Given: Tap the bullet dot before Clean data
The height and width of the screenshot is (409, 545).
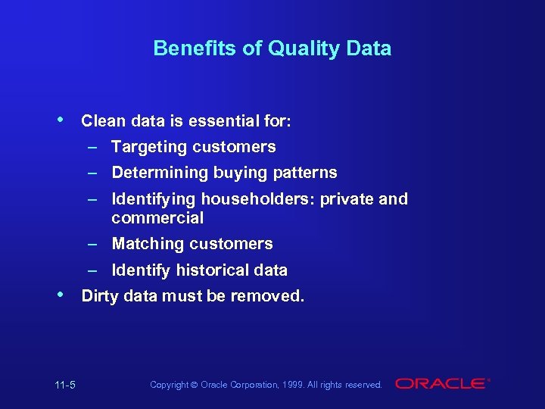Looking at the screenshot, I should tap(61, 120).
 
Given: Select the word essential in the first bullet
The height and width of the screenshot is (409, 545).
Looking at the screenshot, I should tap(209, 120).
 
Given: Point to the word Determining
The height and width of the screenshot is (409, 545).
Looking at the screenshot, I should tap(160, 173).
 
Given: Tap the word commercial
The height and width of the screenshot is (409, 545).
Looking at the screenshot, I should tap(157, 218).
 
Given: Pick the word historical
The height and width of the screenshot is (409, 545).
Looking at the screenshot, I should tap(214, 270).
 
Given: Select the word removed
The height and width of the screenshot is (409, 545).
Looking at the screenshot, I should tap(272, 296).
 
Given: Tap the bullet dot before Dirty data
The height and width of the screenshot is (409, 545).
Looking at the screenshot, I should tap(61, 294).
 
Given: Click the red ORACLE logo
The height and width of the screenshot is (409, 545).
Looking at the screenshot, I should tap(442, 384).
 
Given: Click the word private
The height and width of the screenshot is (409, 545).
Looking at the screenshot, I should tap(344, 199).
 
